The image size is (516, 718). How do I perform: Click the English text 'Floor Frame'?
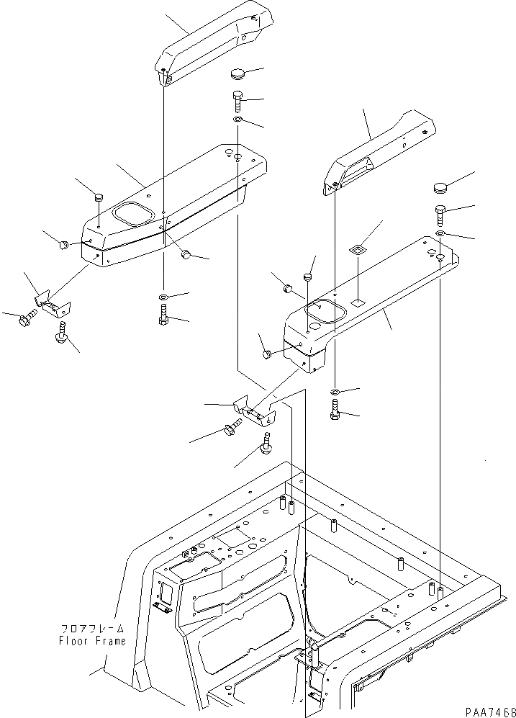coord(91,640)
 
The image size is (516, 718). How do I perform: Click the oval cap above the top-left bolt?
coord(237,73)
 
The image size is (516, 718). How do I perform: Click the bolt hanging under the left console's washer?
coord(163,315)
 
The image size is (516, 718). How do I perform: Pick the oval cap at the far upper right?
coord(441,189)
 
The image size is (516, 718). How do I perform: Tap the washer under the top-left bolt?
coord(238,119)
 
